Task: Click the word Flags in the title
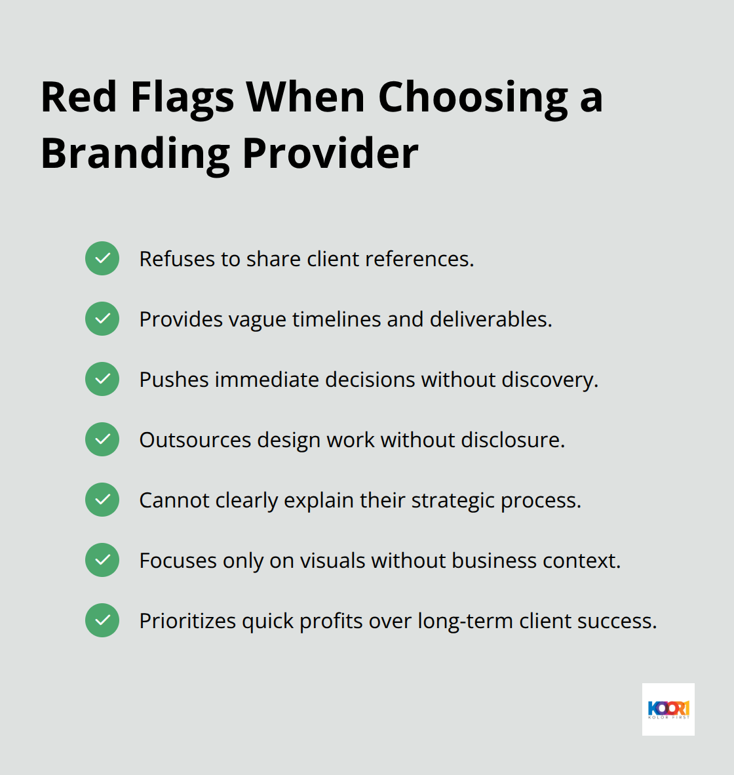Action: (x=182, y=98)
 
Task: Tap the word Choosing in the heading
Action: (x=473, y=98)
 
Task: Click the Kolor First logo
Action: (x=668, y=709)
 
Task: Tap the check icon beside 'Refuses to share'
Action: (x=102, y=258)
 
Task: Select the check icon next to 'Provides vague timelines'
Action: (x=102, y=319)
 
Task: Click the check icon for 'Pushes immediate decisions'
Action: (x=102, y=379)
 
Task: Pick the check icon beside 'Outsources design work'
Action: (x=102, y=439)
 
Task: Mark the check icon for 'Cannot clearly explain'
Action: (x=102, y=500)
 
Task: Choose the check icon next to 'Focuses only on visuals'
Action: (x=102, y=560)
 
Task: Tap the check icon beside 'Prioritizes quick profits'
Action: (x=102, y=620)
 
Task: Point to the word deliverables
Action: (x=491, y=319)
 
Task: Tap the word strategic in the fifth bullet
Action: (x=453, y=500)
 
